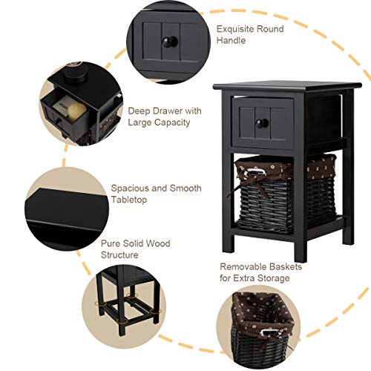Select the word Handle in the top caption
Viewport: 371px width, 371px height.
click(x=232, y=42)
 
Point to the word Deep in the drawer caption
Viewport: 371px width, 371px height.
click(x=139, y=111)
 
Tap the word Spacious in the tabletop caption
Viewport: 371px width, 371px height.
click(x=130, y=188)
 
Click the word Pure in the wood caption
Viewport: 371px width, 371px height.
click(x=111, y=243)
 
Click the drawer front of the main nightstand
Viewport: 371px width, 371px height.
click(x=263, y=121)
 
